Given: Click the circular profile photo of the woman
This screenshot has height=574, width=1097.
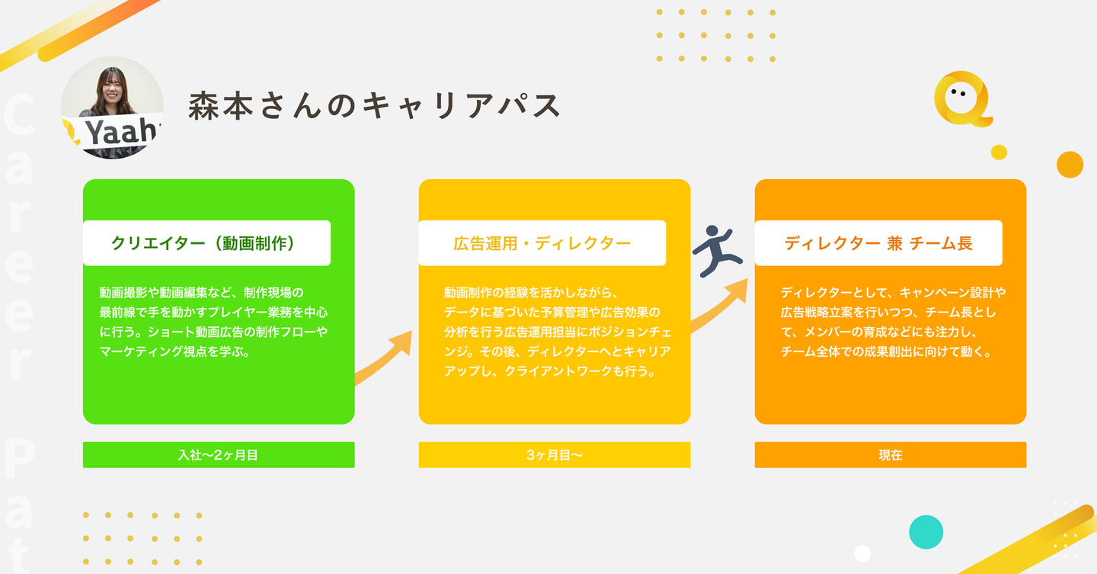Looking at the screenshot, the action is [x=112, y=107].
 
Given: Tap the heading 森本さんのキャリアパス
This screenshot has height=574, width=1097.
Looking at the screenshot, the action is [x=375, y=106].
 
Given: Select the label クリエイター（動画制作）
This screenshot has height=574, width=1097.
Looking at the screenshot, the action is [x=203, y=243].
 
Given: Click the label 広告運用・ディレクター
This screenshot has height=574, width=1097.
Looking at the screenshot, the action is [x=542, y=243].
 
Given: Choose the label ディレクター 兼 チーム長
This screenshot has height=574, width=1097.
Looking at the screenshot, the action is [x=878, y=243].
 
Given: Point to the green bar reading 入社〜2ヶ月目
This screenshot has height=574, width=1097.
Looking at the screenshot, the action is [x=219, y=455].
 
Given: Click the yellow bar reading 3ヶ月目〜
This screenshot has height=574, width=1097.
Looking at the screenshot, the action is [x=555, y=455].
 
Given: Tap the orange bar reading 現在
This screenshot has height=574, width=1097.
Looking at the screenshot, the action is [x=891, y=455].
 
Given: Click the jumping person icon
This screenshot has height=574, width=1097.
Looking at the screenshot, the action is [x=717, y=251].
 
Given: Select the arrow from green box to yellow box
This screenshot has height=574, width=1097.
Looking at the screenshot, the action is [x=385, y=358].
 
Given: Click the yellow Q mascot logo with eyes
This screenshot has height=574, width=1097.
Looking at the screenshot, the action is [x=962, y=99].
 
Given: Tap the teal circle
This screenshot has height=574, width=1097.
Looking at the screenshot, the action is [x=926, y=532].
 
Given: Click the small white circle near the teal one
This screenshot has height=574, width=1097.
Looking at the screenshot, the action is [x=862, y=553].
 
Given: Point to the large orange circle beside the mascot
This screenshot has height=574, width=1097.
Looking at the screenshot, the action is [x=1070, y=165].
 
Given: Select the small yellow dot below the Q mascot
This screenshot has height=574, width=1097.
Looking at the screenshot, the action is [x=999, y=152].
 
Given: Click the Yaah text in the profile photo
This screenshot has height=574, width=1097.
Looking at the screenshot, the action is [x=121, y=131].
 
